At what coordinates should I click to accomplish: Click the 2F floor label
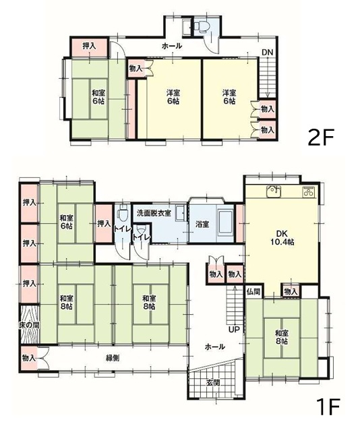point(321,137)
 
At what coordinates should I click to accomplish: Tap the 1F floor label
point(330,406)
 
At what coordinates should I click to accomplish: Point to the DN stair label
point(268,53)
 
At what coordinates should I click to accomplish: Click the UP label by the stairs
point(234,330)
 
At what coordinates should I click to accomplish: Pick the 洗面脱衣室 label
point(153,213)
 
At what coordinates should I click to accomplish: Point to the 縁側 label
point(113,358)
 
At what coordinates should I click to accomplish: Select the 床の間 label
point(28,325)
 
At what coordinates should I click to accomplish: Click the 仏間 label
point(253,292)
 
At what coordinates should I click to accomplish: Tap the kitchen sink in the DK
point(274,191)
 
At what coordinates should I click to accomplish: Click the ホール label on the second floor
point(171,46)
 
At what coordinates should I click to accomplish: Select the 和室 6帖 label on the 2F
point(98,97)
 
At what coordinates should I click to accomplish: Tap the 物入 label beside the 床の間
point(28,358)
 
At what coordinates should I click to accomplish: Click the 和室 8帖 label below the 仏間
point(282,337)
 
